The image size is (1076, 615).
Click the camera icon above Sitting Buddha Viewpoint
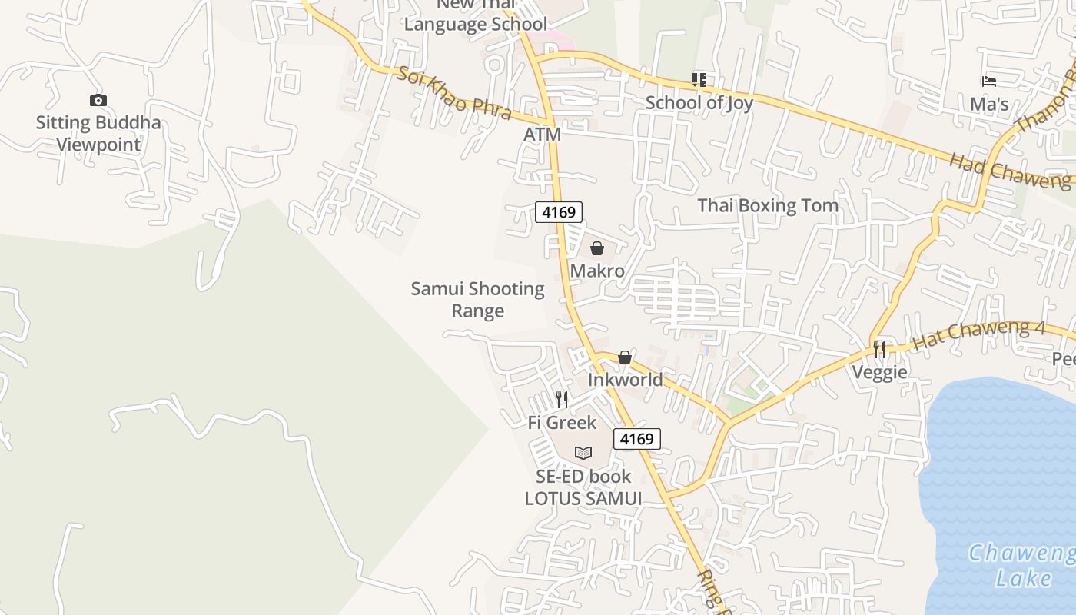(98, 100)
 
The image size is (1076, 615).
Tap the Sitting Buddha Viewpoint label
(98, 133)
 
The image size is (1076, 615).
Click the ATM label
(542, 135)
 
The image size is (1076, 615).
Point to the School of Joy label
(699, 102)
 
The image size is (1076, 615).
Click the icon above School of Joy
(699, 79)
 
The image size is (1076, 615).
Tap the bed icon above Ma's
(989, 81)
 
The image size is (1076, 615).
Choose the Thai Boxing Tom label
(767, 205)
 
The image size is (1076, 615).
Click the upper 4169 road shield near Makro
(559, 211)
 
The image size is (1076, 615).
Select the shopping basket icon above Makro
(597, 248)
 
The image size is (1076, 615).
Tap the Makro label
(597, 271)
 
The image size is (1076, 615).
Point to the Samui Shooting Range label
(477, 300)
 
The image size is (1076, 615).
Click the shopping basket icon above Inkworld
(625, 357)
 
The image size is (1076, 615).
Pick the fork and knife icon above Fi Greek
(562, 400)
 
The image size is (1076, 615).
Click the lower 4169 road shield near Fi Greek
(637, 439)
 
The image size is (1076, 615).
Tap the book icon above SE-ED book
(583, 454)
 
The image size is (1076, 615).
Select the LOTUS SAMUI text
(583, 498)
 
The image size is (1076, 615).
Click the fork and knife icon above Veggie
(879, 350)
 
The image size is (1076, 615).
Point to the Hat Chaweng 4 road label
(978, 336)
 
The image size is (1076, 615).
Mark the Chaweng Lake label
(1022, 565)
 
